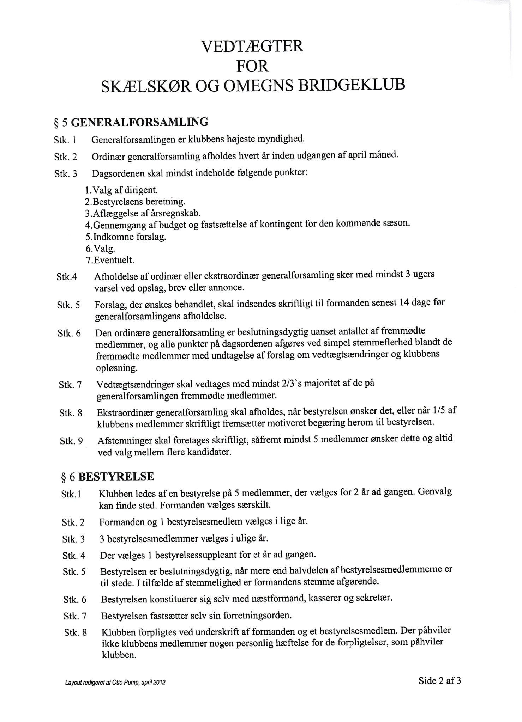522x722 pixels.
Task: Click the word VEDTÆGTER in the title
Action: (x=252, y=47)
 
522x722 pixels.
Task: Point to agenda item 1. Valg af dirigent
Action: (x=121, y=190)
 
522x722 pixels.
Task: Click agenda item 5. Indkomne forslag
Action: (x=126, y=237)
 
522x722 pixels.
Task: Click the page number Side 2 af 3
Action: (x=439, y=681)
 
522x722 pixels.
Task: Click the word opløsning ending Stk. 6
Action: (x=116, y=368)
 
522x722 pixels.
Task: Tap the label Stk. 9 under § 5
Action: (x=71, y=441)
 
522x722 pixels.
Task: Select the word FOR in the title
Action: (x=252, y=66)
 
